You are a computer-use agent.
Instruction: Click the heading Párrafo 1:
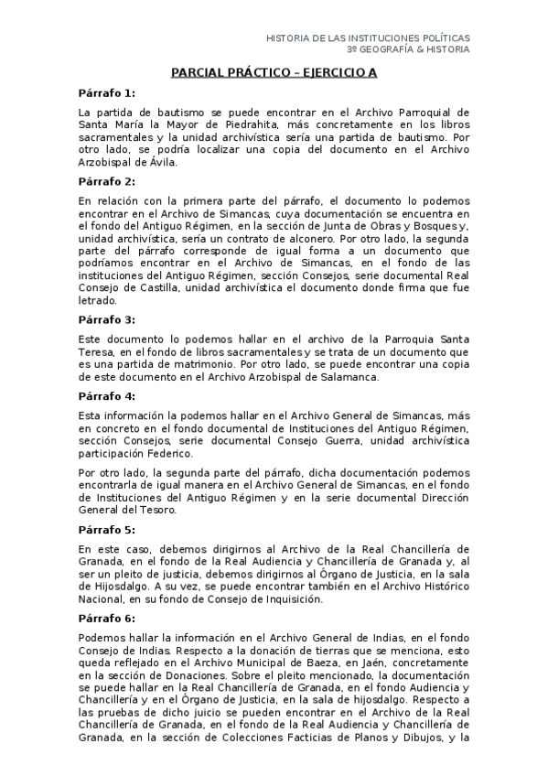(106, 92)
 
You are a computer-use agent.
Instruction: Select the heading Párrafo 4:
(106, 396)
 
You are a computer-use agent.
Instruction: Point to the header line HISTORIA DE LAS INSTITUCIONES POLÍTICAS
(368, 38)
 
